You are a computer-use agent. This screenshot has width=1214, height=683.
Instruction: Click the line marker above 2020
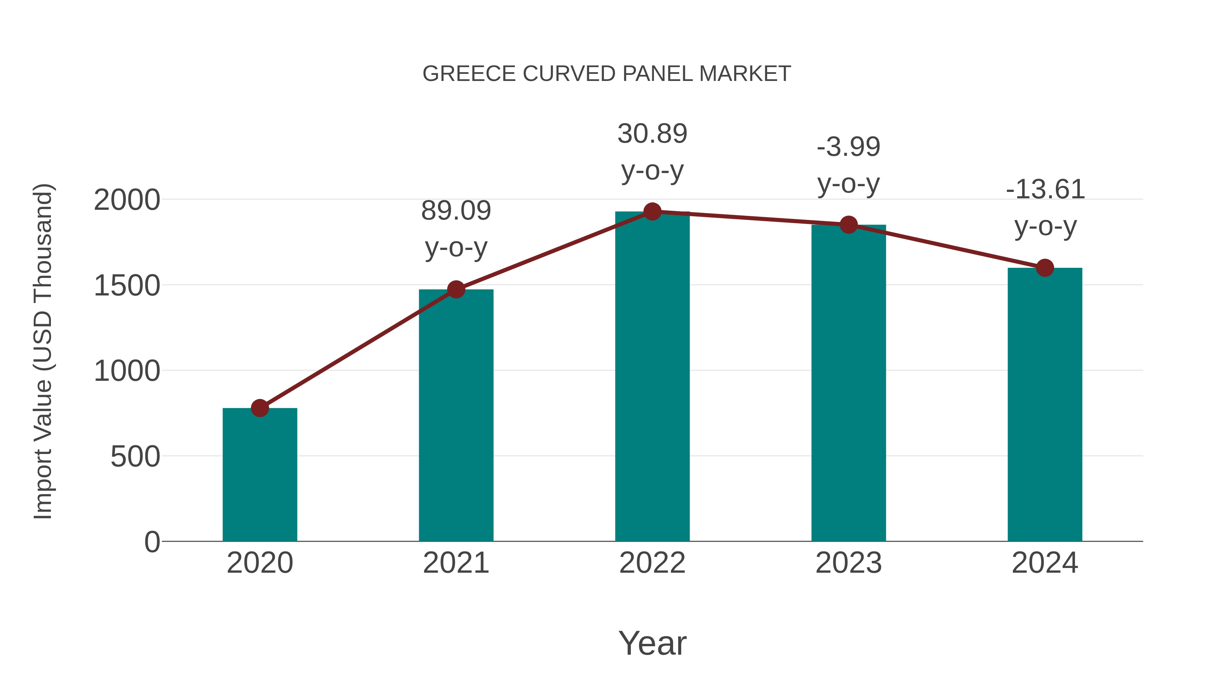[260, 408]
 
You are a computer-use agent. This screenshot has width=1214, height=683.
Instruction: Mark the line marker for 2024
[1045, 268]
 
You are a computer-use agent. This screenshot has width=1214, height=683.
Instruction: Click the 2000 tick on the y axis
[127, 200]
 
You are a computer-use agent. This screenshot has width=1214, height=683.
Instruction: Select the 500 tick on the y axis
[135, 457]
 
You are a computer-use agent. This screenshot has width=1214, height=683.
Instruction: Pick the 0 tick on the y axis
[152, 542]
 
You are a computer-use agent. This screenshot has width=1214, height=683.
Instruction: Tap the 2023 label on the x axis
[848, 563]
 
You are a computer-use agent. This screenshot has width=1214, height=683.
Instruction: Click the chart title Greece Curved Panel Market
[607, 74]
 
